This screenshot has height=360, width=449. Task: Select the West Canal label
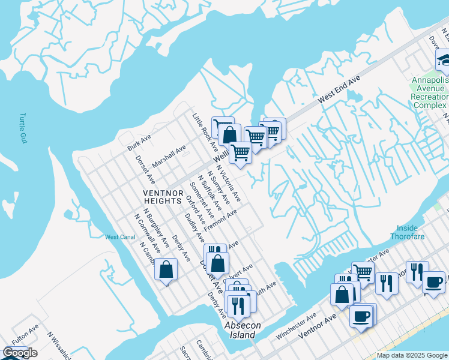[119, 237]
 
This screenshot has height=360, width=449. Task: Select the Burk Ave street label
[139, 142]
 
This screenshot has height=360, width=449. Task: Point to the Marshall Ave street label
[169, 155]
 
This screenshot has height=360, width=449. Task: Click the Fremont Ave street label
[221, 221]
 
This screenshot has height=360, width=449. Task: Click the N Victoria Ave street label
[229, 184]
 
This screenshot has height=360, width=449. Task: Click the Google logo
[20, 353]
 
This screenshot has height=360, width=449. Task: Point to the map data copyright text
[412, 355]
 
